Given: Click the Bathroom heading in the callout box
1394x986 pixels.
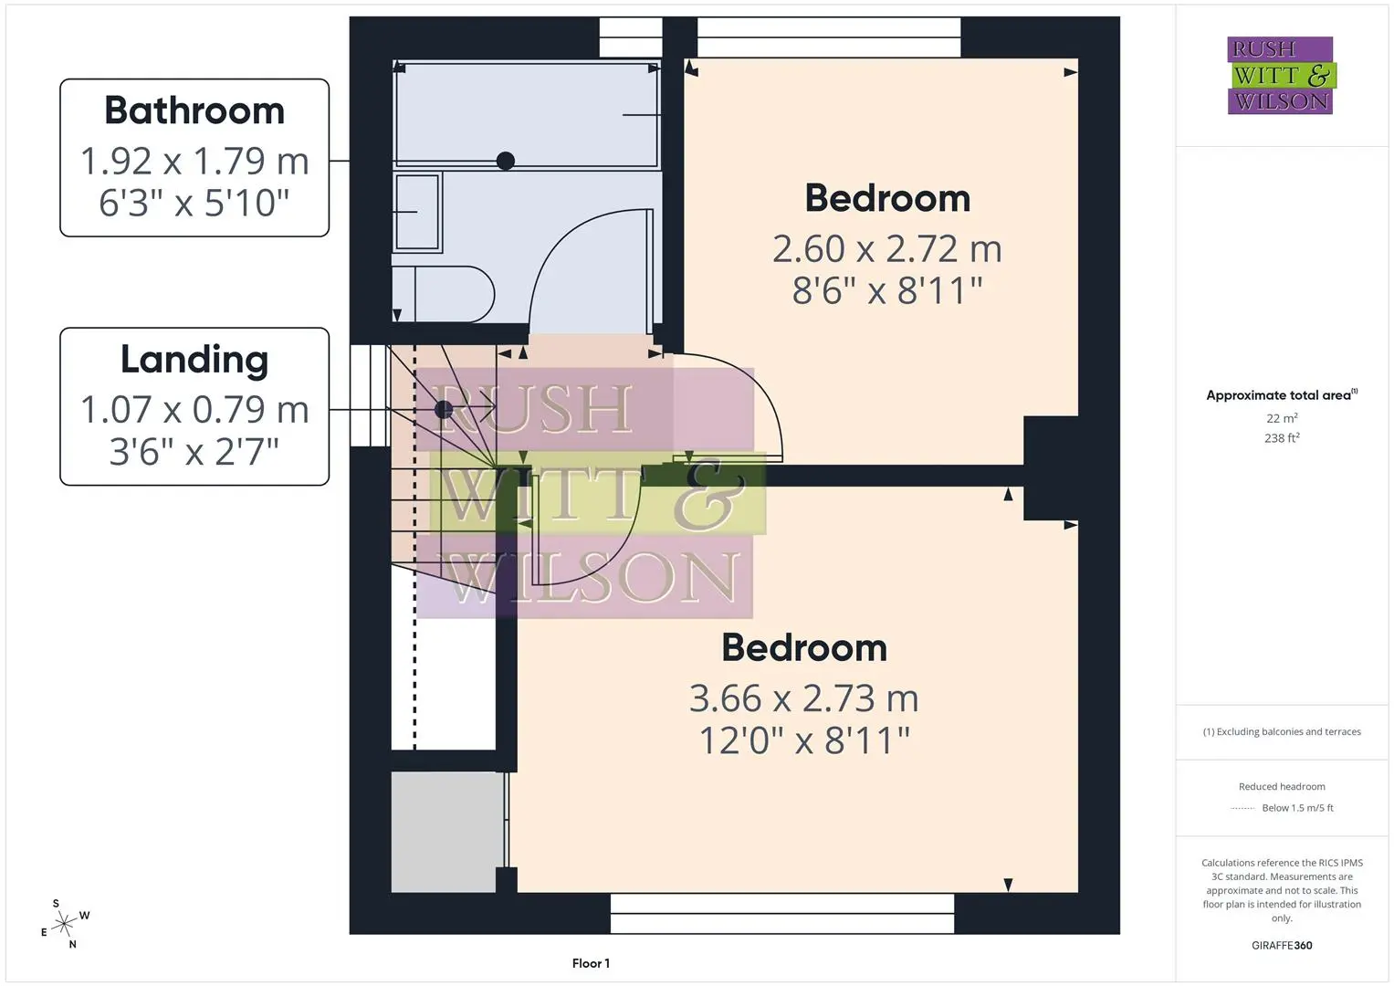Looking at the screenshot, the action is click(194, 110).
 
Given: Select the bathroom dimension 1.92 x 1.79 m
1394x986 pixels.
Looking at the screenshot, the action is click(194, 162).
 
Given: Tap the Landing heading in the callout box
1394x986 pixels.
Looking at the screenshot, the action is click(194, 360).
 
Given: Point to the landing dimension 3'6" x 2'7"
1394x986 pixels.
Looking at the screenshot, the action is click(194, 452).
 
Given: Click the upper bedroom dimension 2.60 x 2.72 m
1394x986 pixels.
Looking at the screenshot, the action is click(886, 249).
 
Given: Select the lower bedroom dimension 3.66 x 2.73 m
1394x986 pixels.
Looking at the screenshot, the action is click(803, 698).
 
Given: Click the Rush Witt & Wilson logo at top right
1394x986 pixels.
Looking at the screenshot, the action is click(1282, 75).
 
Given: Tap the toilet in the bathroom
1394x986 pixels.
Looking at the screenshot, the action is click(443, 294).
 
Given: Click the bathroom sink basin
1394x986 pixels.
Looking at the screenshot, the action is click(417, 212).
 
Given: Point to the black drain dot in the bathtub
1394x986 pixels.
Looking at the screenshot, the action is click(506, 162).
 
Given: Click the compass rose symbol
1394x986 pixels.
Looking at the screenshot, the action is click(65, 924).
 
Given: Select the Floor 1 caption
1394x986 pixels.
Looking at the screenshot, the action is click(591, 963).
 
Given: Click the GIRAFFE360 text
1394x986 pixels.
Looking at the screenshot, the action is click(1282, 946).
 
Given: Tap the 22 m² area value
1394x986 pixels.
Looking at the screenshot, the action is click(1282, 418).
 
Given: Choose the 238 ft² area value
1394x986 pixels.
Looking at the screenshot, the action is click(1282, 438).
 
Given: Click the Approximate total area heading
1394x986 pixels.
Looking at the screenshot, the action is click(1282, 394).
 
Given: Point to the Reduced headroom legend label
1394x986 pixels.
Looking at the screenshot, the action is click(1282, 787).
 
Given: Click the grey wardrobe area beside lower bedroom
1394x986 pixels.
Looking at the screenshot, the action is click(447, 833).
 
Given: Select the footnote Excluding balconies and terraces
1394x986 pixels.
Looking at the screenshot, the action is click(1282, 732).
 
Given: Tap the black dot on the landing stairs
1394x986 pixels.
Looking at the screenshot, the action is click(444, 410).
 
